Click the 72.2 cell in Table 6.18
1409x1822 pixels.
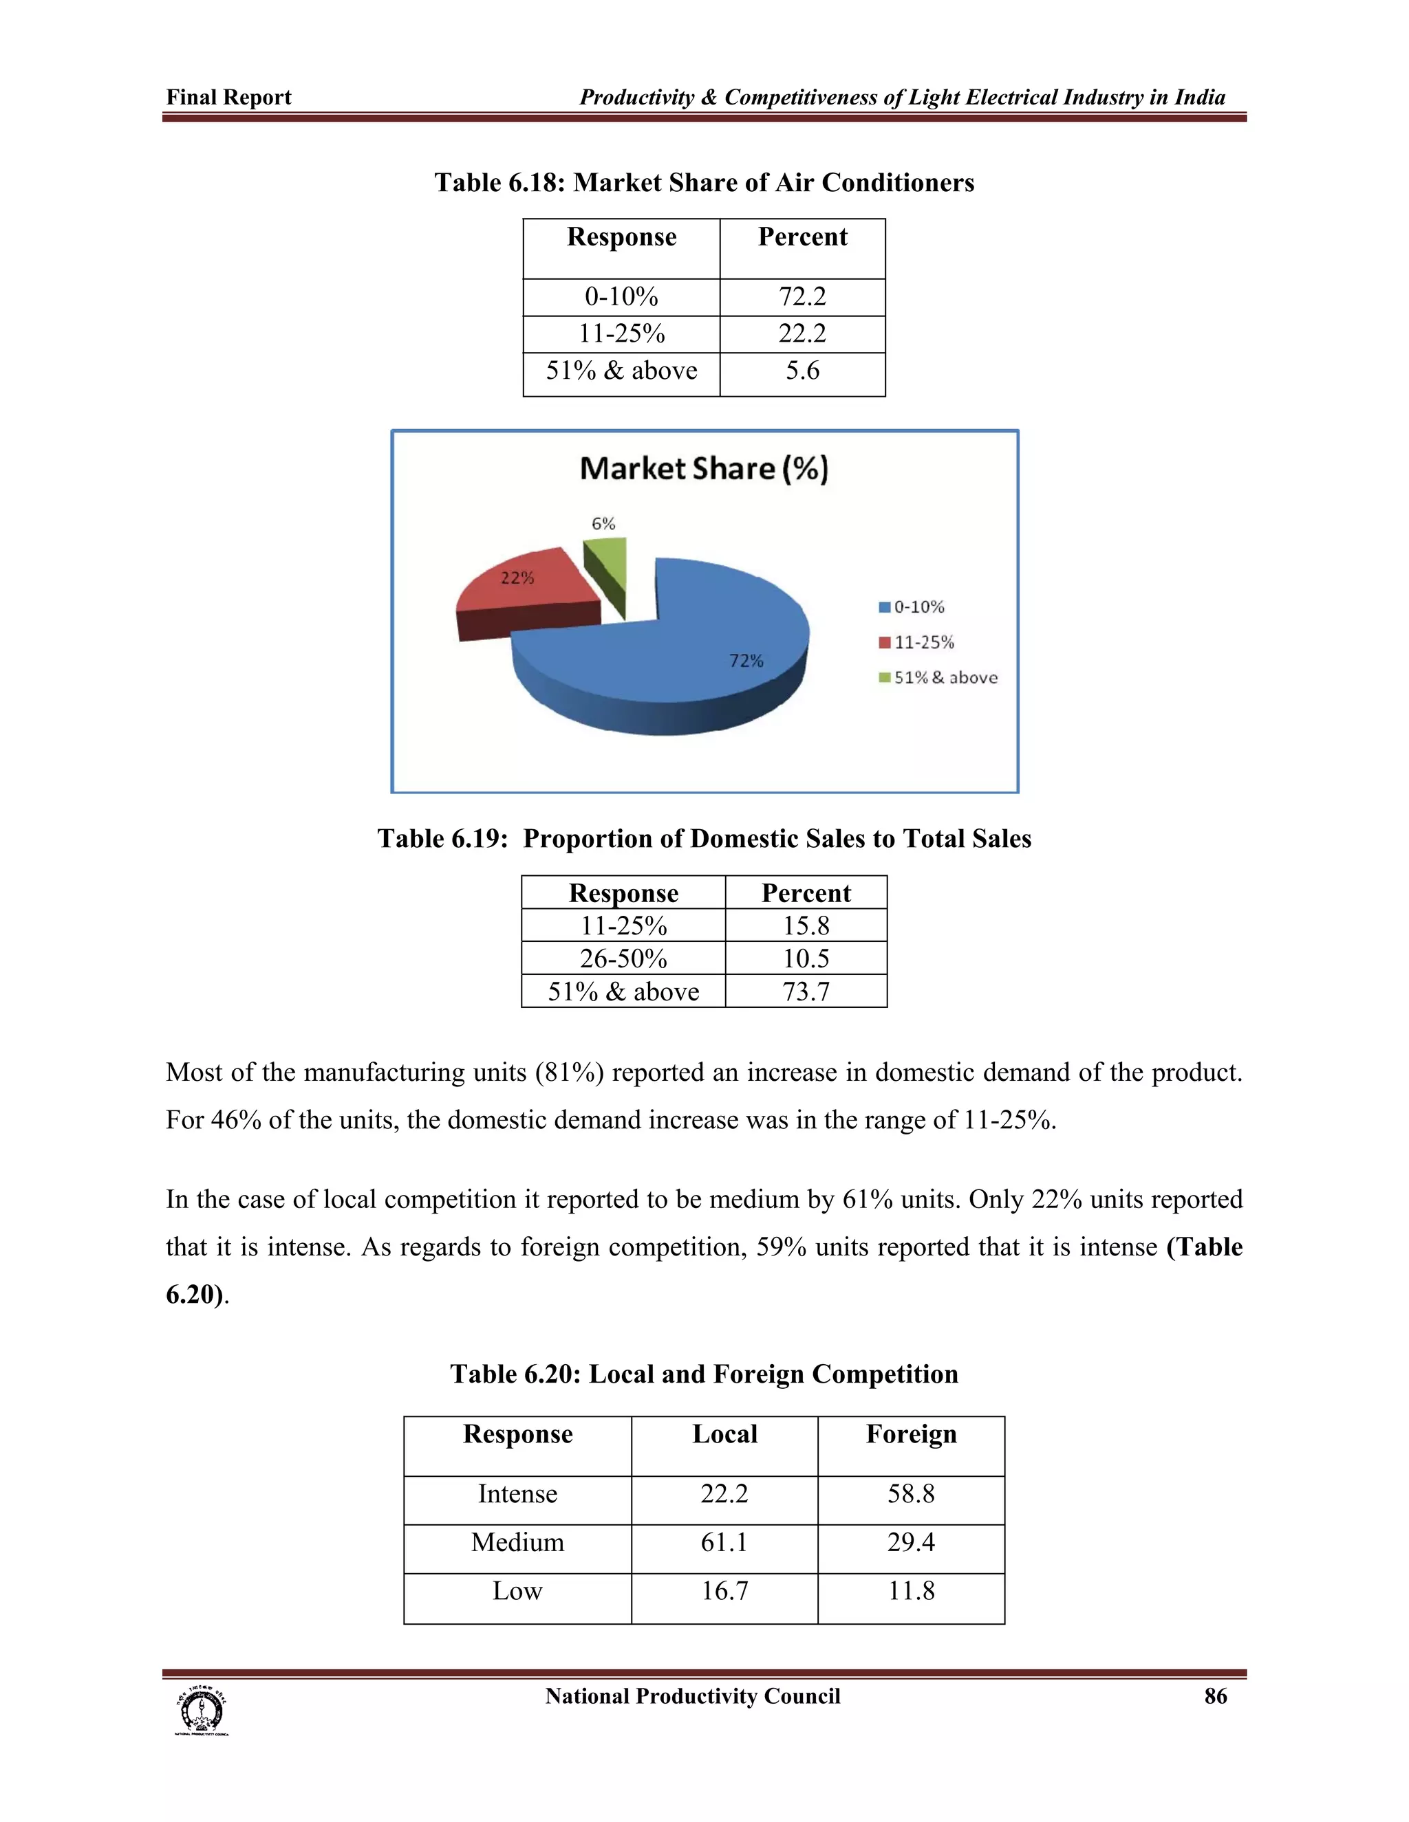pos(802,297)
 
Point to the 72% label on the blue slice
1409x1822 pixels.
pos(746,661)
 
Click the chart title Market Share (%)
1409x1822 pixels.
pos(704,469)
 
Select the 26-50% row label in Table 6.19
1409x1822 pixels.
pos(623,958)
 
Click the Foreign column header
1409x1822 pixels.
pos(911,1434)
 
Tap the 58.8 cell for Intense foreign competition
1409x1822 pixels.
pos(911,1493)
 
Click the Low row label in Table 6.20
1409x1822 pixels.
pos(517,1591)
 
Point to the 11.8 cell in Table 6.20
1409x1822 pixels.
pos(911,1591)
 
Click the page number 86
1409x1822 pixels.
pos(1216,1696)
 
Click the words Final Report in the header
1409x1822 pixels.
pos(228,98)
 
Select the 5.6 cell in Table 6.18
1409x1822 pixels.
pos(802,371)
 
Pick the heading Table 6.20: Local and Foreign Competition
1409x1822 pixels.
pos(704,1374)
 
